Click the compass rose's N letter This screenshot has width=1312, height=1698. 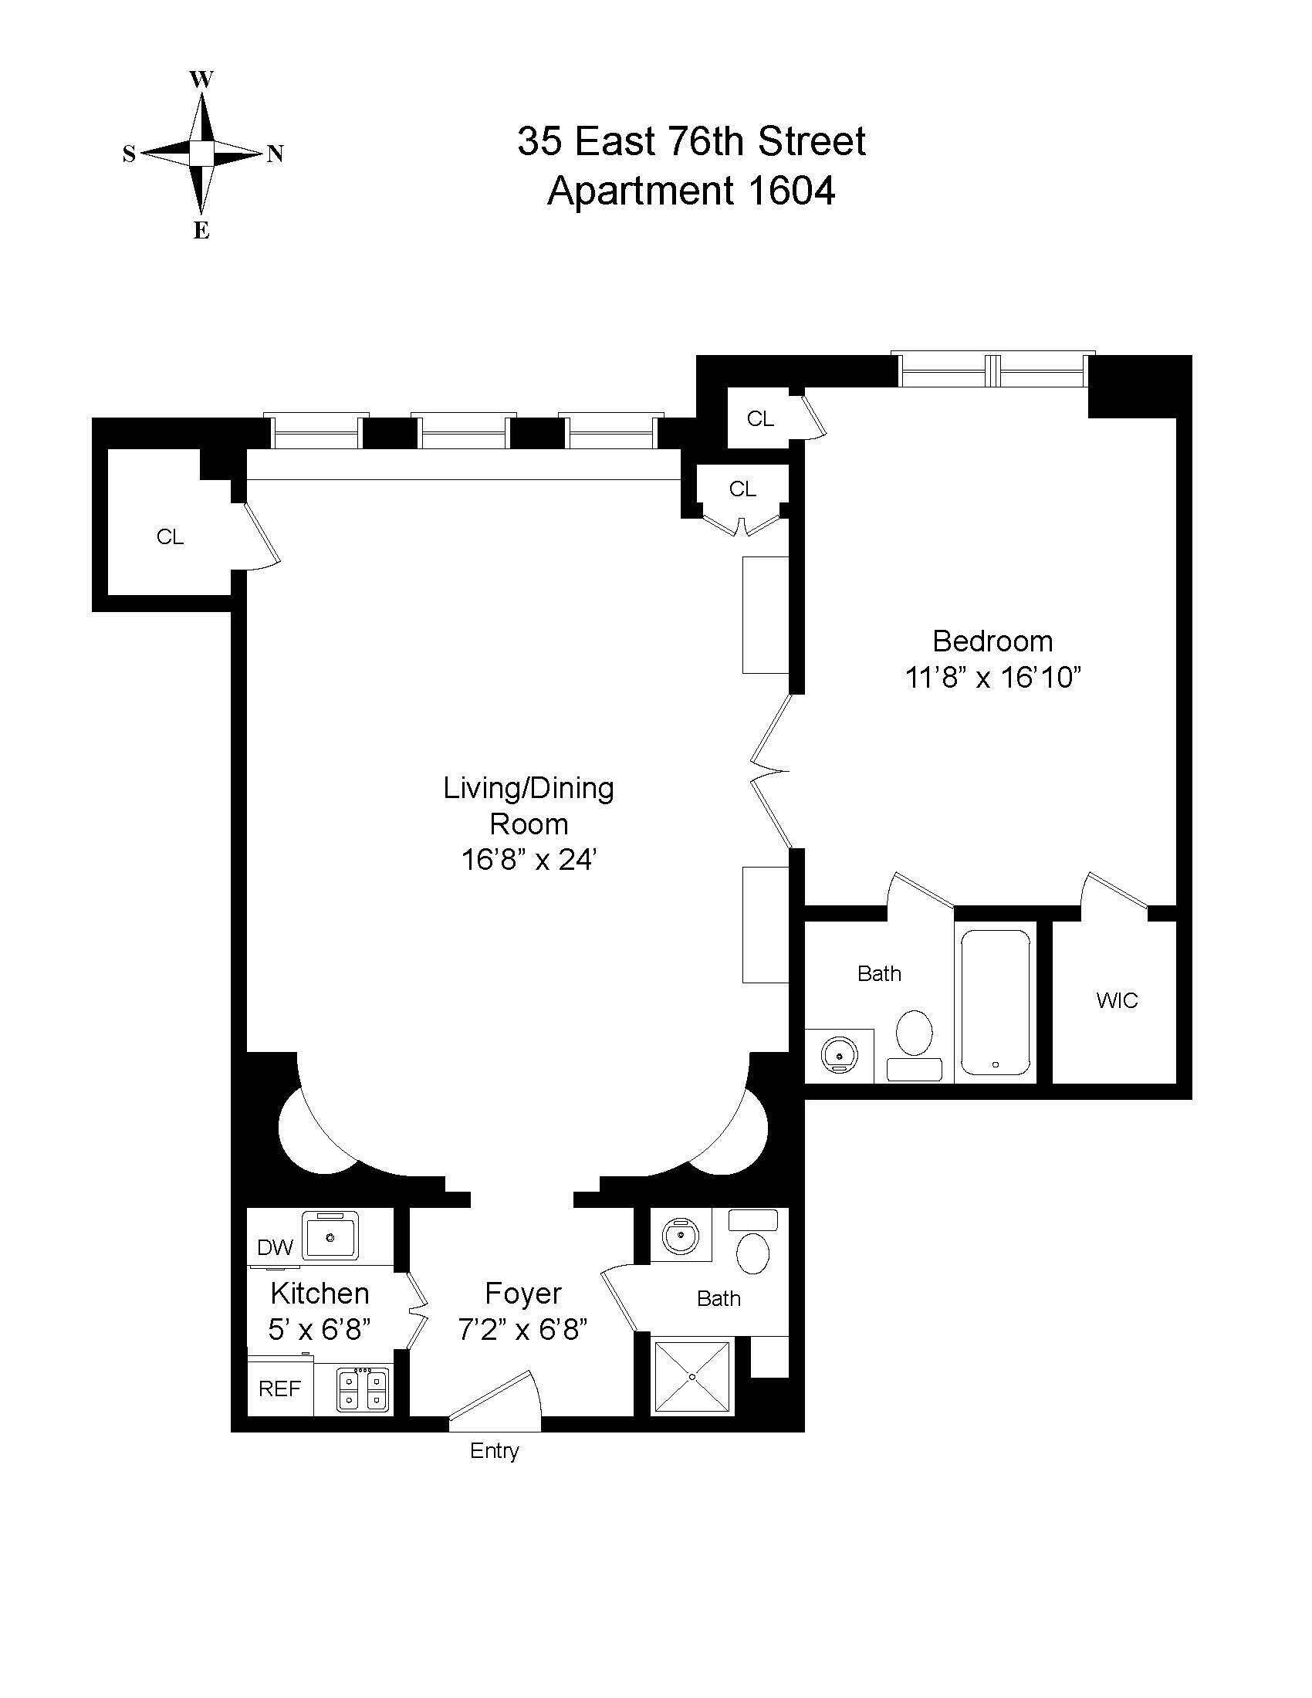click(x=276, y=154)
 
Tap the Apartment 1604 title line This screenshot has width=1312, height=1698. click(x=691, y=191)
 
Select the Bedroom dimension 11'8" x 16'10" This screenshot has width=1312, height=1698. click(x=993, y=678)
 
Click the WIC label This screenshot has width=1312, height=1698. click(x=1117, y=1000)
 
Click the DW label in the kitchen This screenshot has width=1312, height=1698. click(x=275, y=1248)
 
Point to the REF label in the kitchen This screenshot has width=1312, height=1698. click(x=279, y=1389)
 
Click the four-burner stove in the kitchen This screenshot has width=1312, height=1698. click(x=362, y=1389)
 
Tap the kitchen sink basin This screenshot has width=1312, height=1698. click(x=330, y=1236)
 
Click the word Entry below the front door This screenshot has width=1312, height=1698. click(x=495, y=1451)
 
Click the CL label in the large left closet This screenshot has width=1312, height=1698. click(x=171, y=537)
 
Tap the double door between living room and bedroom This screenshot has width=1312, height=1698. click(x=771, y=771)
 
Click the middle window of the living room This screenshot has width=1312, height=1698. click(x=463, y=432)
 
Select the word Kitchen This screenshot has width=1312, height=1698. click(x=320, y=1294)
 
